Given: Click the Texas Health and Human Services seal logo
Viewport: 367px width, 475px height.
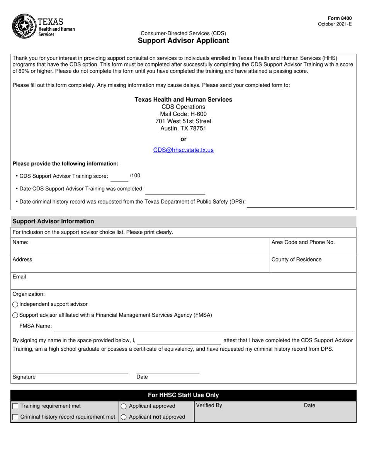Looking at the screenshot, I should [25, 26].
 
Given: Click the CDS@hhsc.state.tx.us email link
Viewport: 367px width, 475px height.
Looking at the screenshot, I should [183, 150].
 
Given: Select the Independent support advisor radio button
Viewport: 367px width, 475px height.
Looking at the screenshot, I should [15, 304].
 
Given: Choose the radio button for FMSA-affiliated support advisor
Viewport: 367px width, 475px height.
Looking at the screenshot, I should [15, 315].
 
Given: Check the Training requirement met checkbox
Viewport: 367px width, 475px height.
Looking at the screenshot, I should [15, 406].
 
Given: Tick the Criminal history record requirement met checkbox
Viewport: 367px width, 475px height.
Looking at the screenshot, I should [15, 417].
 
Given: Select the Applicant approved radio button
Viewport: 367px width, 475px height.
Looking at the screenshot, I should [124, 406].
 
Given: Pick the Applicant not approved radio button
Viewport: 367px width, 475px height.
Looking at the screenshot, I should [124, 417].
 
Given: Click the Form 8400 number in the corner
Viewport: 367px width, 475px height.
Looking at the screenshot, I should [340, 18].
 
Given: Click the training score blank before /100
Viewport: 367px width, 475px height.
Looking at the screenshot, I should [119, 178].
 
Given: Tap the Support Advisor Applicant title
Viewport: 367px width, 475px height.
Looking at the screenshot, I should [183, 41].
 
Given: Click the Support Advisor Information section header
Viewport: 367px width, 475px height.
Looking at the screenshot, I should [53, 221].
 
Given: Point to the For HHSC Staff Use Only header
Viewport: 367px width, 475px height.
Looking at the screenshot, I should [183, 395].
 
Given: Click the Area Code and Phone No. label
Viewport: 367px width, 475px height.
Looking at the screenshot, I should [303, 242].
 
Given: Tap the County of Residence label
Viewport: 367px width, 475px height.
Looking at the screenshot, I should [296, 260].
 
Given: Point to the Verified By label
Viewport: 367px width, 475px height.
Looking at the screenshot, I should [209, 405].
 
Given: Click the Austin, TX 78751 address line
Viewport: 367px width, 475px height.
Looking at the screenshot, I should [183, 129].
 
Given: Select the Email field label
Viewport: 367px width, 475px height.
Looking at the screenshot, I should [19, 277].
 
